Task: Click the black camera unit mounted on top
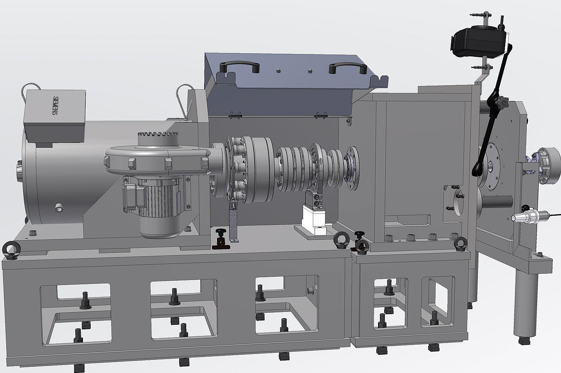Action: pos(478,42)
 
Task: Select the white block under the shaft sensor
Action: pos(314,219)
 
